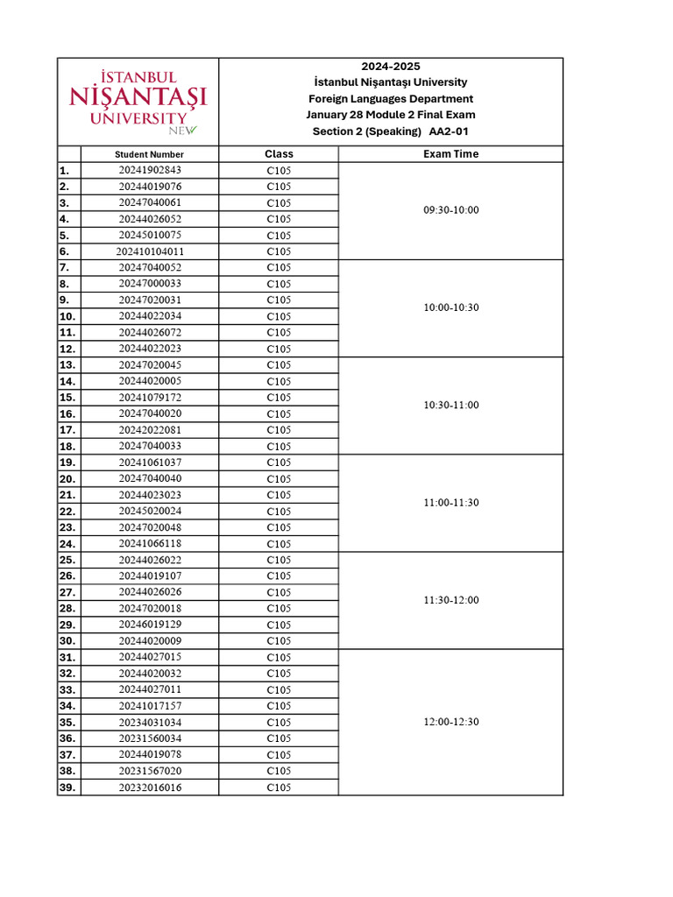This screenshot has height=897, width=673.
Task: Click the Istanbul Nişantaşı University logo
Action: click(x=138, y=102)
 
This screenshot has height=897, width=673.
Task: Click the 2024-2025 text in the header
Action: click(x=390, y=67)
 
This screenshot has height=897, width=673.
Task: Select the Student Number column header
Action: click(x=149, y=154)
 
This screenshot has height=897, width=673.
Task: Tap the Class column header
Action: click(x=279, y=154)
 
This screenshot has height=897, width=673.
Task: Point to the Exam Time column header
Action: click(x=450, y=154)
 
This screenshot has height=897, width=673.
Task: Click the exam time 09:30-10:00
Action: click(x=450, y=210)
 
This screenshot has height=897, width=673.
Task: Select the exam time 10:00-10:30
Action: click(x=450, y=307)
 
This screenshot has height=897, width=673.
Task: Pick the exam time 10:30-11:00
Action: click(x=450, y=406)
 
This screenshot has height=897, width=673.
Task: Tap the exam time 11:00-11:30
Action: click(x=450, y=503)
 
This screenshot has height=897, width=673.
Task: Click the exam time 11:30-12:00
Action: click(x=450, y=600)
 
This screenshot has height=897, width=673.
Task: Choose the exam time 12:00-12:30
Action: click(x=450, y=722)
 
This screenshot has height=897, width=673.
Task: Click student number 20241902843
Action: click(x=150, y=170)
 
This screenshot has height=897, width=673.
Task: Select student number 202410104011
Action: click(x=150, y=251)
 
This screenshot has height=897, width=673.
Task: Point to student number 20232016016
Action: click(x=150, y=788)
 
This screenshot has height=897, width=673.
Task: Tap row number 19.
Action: click(x=68, y=463)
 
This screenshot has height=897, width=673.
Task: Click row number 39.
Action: click(x=68, y=788)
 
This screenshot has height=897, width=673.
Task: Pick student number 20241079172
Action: click(x=150, y=398)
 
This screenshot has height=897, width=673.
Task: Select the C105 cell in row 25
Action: click(x=279, y=560)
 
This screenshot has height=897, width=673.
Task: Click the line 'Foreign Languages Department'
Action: click(x=390, y=99)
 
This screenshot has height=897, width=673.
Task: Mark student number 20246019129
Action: click(x=150, y=625)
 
